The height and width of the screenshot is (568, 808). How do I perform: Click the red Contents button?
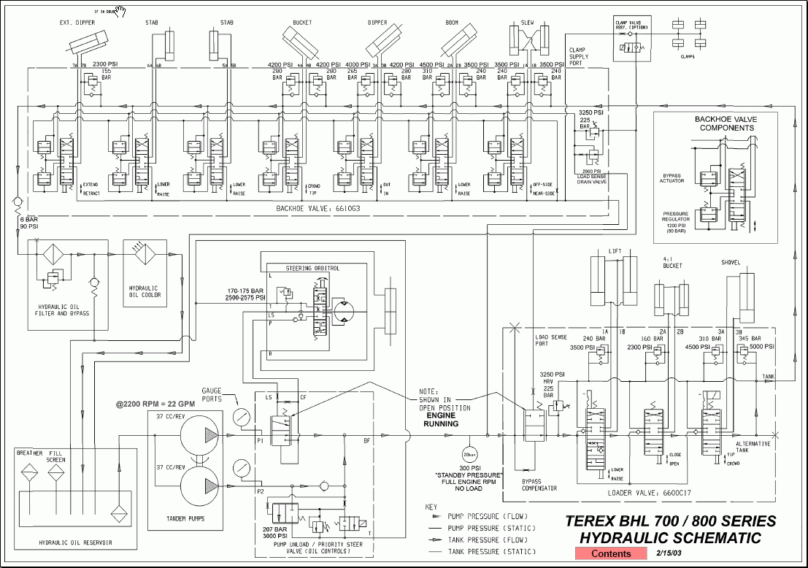[611, 553]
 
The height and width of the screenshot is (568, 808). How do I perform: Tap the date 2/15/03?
[669, 553]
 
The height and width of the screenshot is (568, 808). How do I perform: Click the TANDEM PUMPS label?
[176, 518]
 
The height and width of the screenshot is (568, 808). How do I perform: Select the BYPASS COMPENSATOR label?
[539, 485]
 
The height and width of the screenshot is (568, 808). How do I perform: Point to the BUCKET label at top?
[301, 23]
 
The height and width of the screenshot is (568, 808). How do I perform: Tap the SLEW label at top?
[527, 23]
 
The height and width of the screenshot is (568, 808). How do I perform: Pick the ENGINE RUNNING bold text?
[442, 419]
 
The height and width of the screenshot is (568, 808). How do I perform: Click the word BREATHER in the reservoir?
[31, 453]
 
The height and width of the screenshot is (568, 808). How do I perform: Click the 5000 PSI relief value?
[761, 347]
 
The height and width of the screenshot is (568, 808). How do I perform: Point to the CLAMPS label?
[687, 55]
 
